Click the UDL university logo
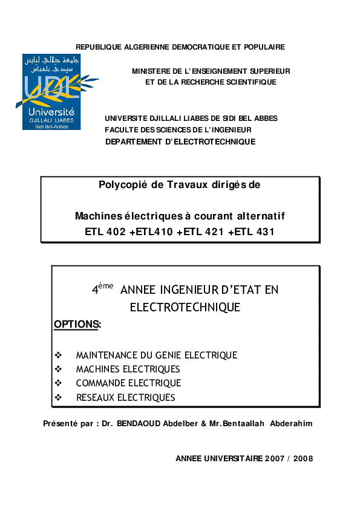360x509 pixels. pyautogui.click(x=56, y=91)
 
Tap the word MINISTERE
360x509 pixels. pyautogui.click(x=152, y=71)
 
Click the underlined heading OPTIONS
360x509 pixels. pyautogui.click(x=76, y=325)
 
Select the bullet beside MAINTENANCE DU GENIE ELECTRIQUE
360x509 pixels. pyautogui.click(x=58, y=355)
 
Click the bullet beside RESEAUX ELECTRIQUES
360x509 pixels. pyautogui.click(x=58, y=398)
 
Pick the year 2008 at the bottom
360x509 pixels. pyautogui.click(x=303, y=459)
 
